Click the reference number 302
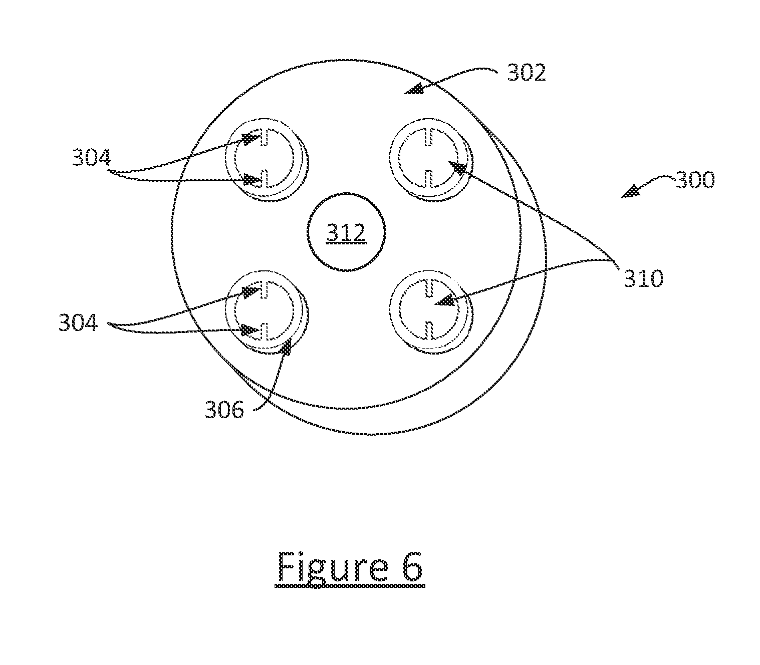(527, 73)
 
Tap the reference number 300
(695, 180)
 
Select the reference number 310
(643, 278)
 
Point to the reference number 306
(224, 410)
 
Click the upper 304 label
(91, 157)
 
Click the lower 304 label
(78, 322)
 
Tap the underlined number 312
(346, 233)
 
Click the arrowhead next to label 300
(631, 192)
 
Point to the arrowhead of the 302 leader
(414, 89)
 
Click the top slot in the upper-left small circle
(264, 137)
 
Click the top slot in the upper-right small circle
(429, 137)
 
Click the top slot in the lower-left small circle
(264, 289)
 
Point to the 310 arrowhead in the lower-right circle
(445, 300)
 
